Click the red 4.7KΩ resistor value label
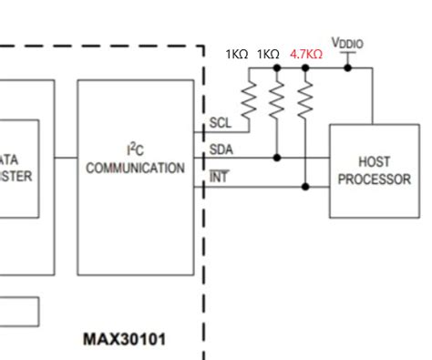point(305,54)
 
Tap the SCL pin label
point(220,123)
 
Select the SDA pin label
point(221,149)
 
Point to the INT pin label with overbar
point(219,178)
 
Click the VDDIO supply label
point(347,44)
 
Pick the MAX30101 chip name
point(125,339)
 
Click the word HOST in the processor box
point(375,162)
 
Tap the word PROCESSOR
point(375,180)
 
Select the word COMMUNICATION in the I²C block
point(136,169)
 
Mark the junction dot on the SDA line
point(277,158)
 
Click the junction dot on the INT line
point(305,187)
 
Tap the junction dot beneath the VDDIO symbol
point(347,67)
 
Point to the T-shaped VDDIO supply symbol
point(347,57)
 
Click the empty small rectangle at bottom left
point(18,311)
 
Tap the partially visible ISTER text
point(16,177)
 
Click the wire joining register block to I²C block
point(66,158)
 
